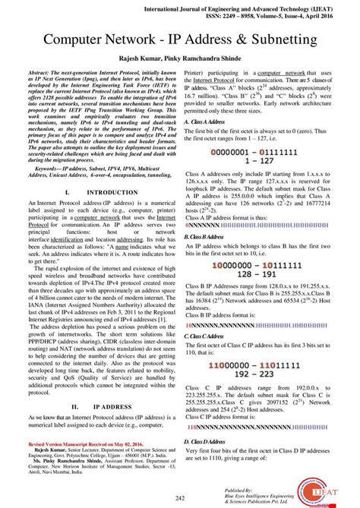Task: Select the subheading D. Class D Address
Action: tap(209, 441)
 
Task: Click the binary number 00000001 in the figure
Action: tap(231, 151)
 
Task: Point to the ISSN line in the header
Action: tap(266, 14)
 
